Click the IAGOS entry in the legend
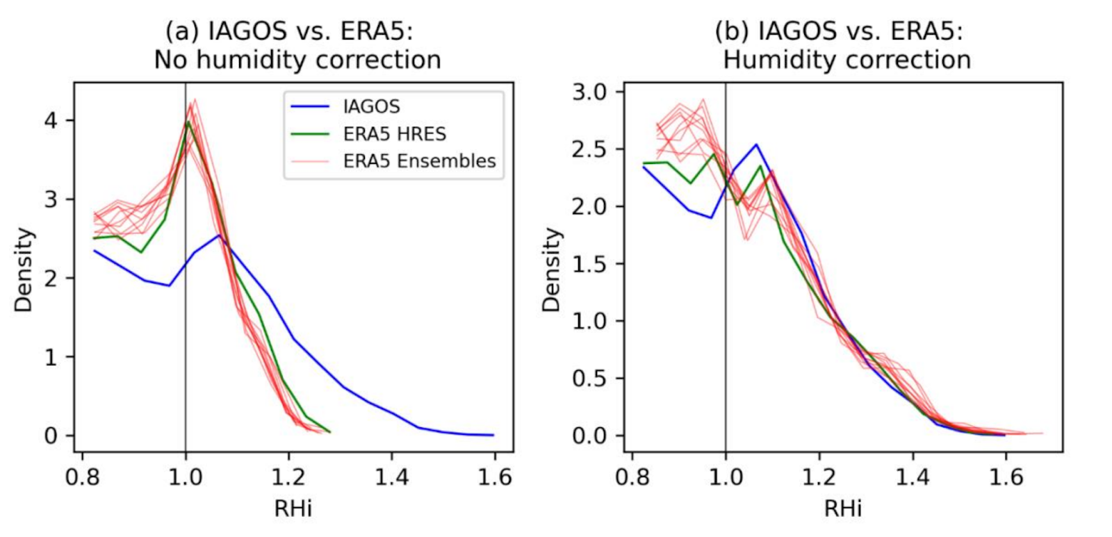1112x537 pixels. point(371,106)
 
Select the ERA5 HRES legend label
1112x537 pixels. point(394,133)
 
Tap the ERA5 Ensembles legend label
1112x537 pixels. point(419,160)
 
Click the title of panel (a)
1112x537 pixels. point(297,46)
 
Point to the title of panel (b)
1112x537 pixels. point(847,46)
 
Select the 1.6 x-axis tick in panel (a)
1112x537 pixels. point(494,477)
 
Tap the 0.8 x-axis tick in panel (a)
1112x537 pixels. point(83,477)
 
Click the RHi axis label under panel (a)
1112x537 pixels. point(293,509)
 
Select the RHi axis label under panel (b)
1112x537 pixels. point(842,509)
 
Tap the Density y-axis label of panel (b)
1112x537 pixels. point(552,270)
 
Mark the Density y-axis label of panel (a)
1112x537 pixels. point(24,270)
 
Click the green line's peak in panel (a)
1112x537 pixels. point(188,122)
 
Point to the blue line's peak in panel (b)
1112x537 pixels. point(755,144)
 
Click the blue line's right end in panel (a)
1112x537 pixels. point(493,435)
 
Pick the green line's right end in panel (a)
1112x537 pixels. point(329,432)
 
